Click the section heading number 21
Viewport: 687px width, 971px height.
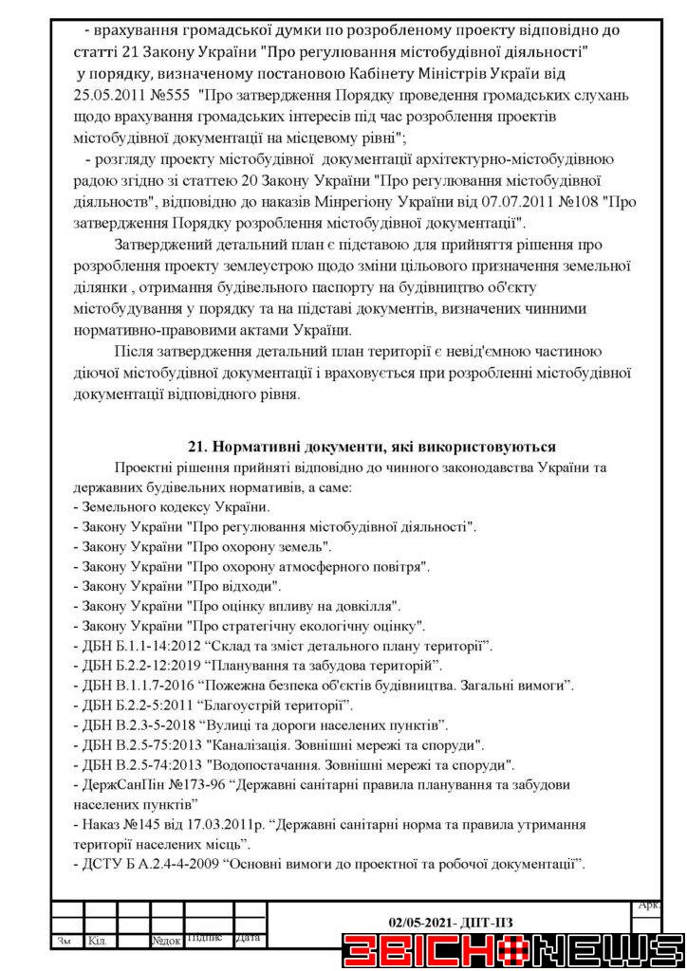198,447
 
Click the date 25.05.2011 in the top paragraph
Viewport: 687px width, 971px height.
109,98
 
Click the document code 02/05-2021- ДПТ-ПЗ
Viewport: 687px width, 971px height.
451,922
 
